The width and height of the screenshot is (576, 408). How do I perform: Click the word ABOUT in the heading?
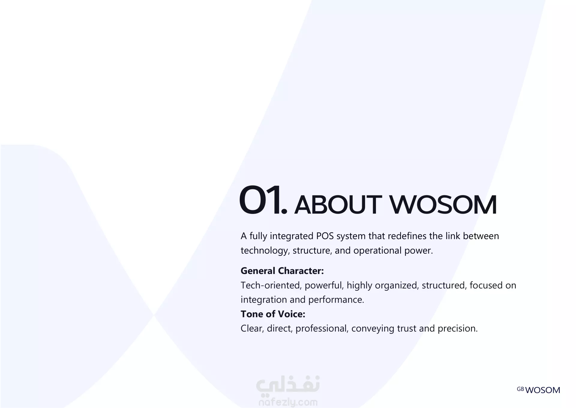tap(338, 205)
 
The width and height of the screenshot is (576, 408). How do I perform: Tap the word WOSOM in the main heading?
tap(443, 205)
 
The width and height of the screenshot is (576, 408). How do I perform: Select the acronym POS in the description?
tap(325, 236)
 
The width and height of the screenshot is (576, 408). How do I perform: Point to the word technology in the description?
tap(265, 251)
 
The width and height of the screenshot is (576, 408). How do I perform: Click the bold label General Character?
tap(282, 271)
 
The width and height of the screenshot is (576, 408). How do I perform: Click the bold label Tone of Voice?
tap(273, 314)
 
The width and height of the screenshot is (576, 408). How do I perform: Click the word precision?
tap(457, 329)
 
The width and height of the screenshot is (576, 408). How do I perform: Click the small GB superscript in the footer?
tap(520, 389)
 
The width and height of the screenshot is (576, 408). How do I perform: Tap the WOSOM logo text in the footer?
tap(543, 390)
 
